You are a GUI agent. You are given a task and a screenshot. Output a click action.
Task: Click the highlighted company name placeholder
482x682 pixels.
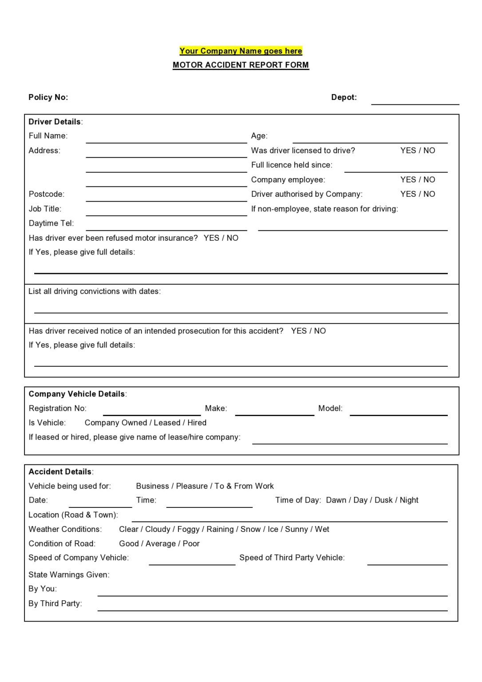[241, 51]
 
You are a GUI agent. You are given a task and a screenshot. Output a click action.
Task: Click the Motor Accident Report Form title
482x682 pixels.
[241, 65]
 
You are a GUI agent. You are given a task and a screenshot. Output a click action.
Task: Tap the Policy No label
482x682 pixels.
[48, 97]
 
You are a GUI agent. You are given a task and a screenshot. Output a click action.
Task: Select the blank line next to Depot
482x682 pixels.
[415, 101]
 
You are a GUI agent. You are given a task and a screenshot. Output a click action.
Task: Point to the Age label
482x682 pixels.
[259, 136]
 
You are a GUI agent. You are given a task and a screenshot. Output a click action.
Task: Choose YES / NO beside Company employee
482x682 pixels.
[417, 179]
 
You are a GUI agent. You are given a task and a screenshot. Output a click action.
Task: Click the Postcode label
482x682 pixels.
[46, 194]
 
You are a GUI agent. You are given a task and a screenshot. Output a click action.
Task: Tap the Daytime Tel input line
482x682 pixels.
[166, 227]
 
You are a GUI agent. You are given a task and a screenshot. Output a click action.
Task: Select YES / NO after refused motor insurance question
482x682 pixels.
[221, 238]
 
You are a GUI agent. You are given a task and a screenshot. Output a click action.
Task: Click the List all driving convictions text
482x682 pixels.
[95, 291]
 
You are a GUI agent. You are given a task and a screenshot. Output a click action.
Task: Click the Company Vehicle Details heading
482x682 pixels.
[77, 394]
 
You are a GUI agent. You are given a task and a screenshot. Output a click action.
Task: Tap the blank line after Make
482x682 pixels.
[274, 412]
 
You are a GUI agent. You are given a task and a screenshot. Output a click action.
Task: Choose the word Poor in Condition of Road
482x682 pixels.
[191, 543]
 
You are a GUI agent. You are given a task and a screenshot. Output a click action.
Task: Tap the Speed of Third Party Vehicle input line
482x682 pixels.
[407, 562]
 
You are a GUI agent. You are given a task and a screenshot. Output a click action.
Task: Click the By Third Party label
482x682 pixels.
[55, 603]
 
